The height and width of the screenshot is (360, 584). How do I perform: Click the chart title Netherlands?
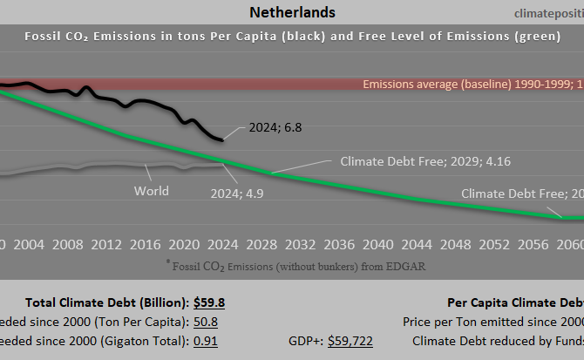click(x=292, y=12)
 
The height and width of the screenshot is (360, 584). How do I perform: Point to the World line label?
click(x=152, y=190)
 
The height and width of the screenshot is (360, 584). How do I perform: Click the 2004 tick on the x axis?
click(x=30, y=243)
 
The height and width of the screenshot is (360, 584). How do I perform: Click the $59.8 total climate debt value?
click(x=209, y=302)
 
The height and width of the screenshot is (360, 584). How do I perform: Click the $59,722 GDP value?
click(x=350, y=341)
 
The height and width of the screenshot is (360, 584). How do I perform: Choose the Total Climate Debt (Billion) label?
click(x=106, y=302)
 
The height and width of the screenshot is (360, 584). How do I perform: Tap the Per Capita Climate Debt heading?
click(x=514, y=302)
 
